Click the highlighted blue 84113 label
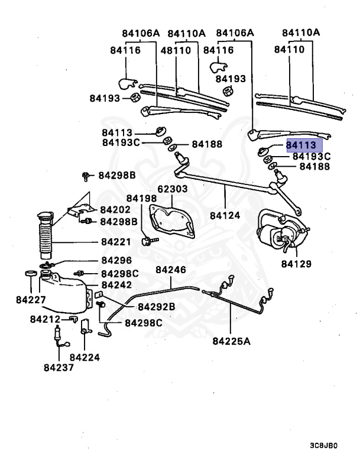[x=304, y=145]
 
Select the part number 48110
[x=176, y=50]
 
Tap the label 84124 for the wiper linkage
[x=225, y=215]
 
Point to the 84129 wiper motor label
[x=296, y=264]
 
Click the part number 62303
[x=172, y=190]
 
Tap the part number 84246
[x=171, y=270]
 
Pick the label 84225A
[x=232, y=340]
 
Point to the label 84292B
[x=157, y=307]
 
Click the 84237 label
[x=59, y=367]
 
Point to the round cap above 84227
[x=28, y=274]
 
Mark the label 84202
[x=115, y=209]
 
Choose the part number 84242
[x=117, y=285]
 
